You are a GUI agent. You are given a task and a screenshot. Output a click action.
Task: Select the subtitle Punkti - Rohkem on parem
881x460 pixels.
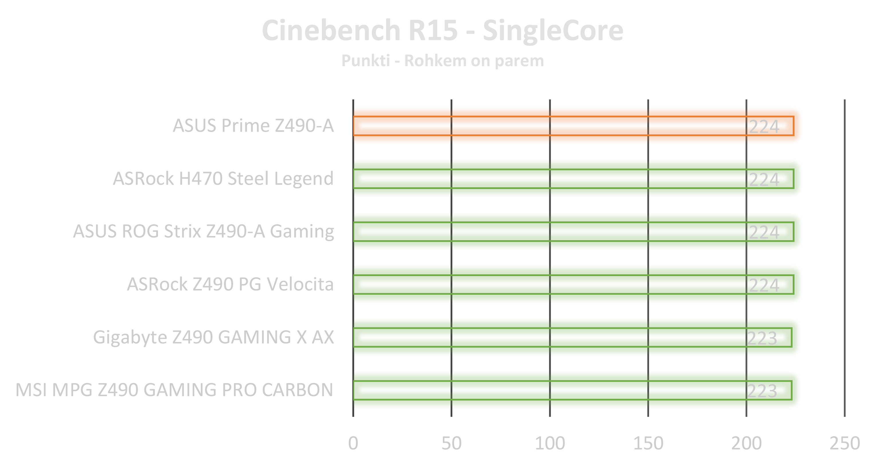[x=442, y=61]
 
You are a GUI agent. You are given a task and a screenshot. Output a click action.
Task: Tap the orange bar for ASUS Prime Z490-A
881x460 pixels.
[x=547, y=126]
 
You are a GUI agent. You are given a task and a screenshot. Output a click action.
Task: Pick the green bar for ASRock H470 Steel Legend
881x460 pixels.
[x=547, y=178]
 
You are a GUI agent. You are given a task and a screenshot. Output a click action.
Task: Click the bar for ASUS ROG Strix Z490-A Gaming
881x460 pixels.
[x=547, y=231]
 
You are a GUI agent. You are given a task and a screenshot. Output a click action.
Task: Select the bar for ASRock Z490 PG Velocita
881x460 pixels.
[x=547, y=284]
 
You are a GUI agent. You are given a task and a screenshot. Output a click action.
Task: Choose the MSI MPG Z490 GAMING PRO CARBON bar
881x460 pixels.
[x=547, y=390]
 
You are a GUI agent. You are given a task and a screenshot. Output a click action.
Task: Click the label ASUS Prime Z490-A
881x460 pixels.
[x=253, y=126]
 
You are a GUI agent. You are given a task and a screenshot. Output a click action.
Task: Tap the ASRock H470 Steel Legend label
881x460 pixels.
[x=223, y=178]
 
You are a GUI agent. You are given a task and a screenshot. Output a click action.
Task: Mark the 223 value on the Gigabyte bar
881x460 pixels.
[x=762, y=339]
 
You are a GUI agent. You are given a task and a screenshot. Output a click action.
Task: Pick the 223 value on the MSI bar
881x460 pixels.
[x=762, y=391]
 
